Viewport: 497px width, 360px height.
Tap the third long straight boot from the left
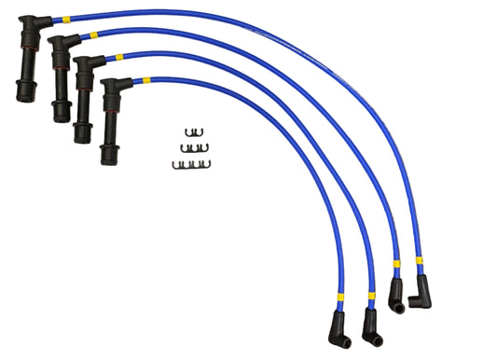coord(81,103)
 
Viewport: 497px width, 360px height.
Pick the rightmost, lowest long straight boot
coord(107,126)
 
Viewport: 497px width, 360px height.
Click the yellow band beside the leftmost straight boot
coord(66,19)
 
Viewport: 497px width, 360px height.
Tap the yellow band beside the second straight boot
coord(93,35)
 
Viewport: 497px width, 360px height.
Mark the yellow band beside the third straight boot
coord(118,58)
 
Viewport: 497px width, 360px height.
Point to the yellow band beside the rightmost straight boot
coord(145,80)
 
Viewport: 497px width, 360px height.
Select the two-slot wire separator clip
coord(194,132)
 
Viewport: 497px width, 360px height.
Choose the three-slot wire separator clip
coord(194,147)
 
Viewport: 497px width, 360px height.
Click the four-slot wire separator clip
coord(191,164)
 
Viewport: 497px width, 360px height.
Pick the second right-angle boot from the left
coord(372,326)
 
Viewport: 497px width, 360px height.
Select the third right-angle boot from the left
coord(396,298)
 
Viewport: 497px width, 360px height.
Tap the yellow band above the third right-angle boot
coord(396,264)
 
